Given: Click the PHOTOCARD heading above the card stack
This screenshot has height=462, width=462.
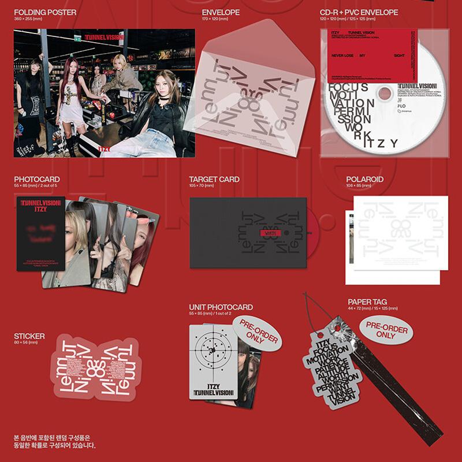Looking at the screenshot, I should pyautogui.click(x=36, y=180).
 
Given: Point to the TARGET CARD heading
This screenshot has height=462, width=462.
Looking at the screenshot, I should pyautogui.click(x=214, y=180).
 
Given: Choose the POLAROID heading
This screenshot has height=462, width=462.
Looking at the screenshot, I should pyautogui.click(x=364, y=180).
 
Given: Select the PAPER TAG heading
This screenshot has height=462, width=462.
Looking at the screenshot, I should pyautogui.click(x=367, y=301).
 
